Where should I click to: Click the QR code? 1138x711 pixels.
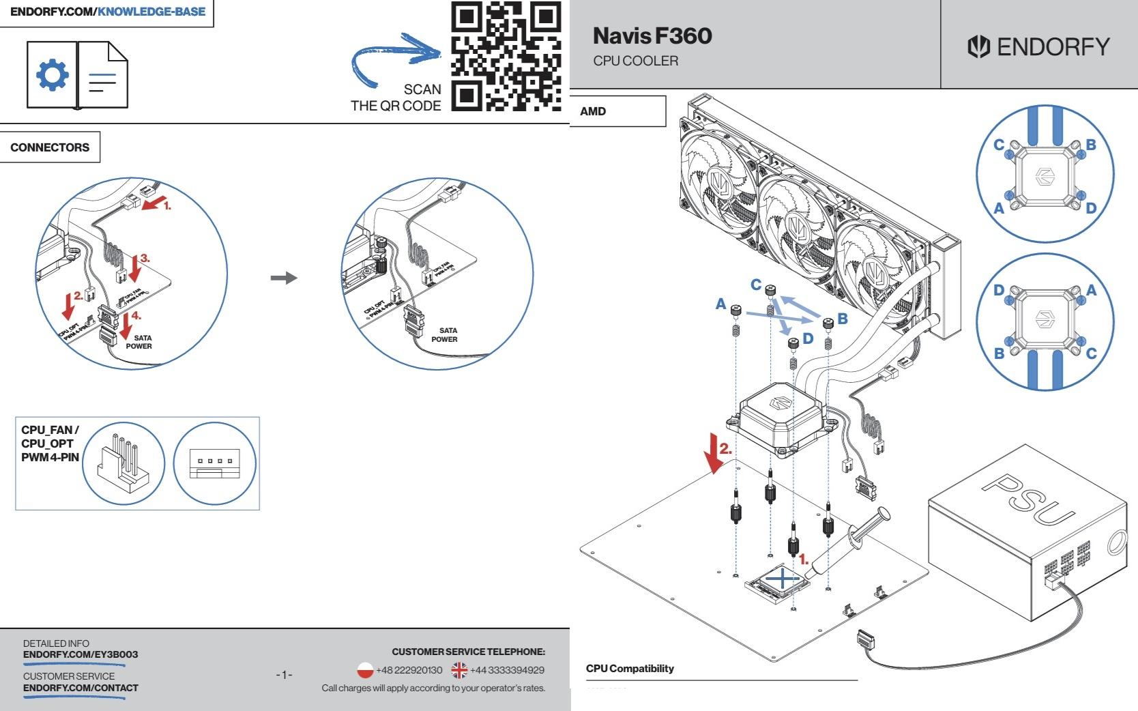pyautogui.click(x=506, y=56)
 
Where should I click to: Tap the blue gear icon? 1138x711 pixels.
pyautogui.click(x=53, y=74)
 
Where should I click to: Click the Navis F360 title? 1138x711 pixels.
pyautogui.click(x=652, y=35)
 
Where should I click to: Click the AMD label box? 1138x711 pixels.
pyautogui.click(x=617, y=111)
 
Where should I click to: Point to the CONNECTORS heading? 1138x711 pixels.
pyautogui.click(x=50, y=147)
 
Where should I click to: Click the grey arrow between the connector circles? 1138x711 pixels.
pyautogui.click(x=284, y=278)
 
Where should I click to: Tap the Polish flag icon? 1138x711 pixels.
pyautogui.click(x=365, y=670)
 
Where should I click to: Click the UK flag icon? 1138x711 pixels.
pyautogui.click(x=459, y=670)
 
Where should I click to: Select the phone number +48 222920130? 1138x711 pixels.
pyautogui.click(x=409, y=670)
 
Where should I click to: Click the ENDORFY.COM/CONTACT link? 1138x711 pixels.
pyautogui.click(x=81, y=688)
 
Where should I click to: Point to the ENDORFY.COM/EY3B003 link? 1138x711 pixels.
pyautogui.click(x=81, y=654)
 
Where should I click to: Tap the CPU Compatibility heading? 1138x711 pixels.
pyautogui.click(x=630, y=669)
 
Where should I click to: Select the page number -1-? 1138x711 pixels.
pyautogui.click(x=284, y=675)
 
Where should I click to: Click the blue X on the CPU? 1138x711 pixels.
pyautogui.click(x=783, y=579)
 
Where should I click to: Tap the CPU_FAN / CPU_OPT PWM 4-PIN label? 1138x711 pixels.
pyautogui.click(x=50, y=444)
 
